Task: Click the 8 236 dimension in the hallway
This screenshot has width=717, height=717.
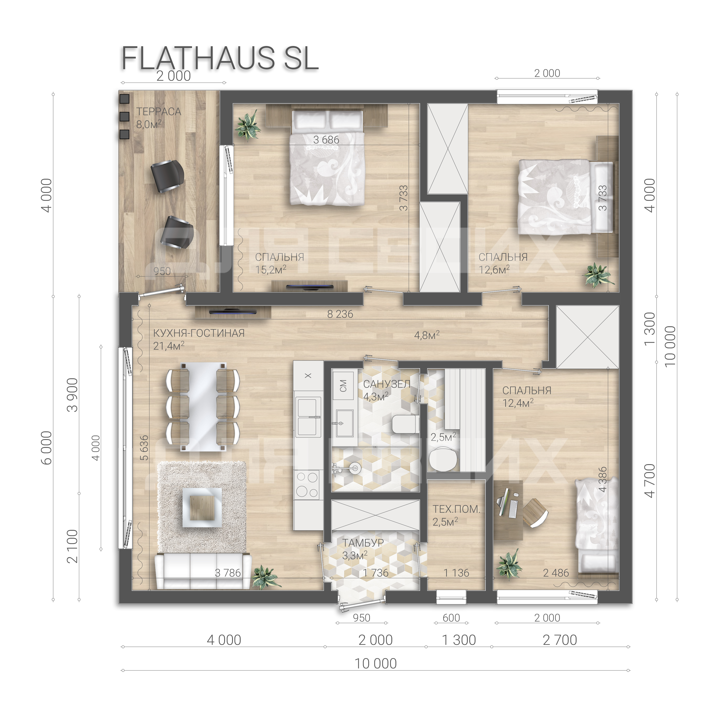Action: coord(340,314)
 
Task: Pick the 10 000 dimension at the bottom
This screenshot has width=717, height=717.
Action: coord(375,663)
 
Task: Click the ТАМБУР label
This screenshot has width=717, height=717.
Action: coord(363,543)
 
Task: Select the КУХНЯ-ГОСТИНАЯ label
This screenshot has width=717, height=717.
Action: coord(199,333)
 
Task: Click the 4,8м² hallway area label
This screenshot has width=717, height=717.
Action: coord(427,335)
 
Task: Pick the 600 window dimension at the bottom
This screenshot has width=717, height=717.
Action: coord(451,618)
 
